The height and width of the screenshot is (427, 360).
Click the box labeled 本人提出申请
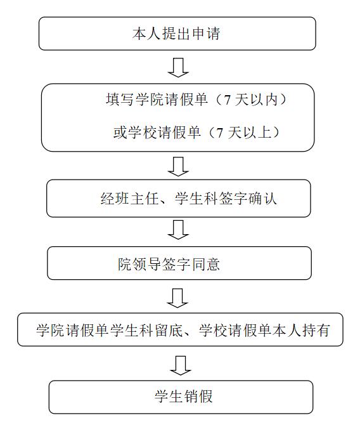[x=177, y=34]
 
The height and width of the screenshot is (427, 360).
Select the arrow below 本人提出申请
[x=178, y=67]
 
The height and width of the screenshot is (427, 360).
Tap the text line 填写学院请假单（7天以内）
[x=196, y=99]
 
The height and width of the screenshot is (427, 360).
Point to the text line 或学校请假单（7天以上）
[x=196, y=133]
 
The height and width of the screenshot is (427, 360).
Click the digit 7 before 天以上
[x=220, y=133]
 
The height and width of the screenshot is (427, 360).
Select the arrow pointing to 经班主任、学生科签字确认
[x=178, y=166]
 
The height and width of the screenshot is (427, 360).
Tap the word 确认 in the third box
[x=262, y=198]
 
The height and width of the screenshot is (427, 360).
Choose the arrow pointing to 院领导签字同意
[x=178, y=230]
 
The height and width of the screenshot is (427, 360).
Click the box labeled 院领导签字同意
[x=179, y=263]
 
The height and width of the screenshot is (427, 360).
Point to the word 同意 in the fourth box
[x=205, y=264]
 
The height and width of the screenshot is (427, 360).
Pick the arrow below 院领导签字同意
[x=177, y=298]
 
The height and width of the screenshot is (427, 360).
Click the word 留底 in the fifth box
[x=169, y=330]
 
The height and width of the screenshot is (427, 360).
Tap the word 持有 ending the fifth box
[x=316, y=330]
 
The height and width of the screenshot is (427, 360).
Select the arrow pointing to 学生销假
[x=181, y=365]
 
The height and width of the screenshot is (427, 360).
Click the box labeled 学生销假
[x=181, y=397]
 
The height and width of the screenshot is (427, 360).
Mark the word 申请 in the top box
[x=206, y=34]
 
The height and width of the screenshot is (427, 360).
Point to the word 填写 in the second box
[x=120, y=99]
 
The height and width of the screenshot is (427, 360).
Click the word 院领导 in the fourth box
[x=139, y=264]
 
